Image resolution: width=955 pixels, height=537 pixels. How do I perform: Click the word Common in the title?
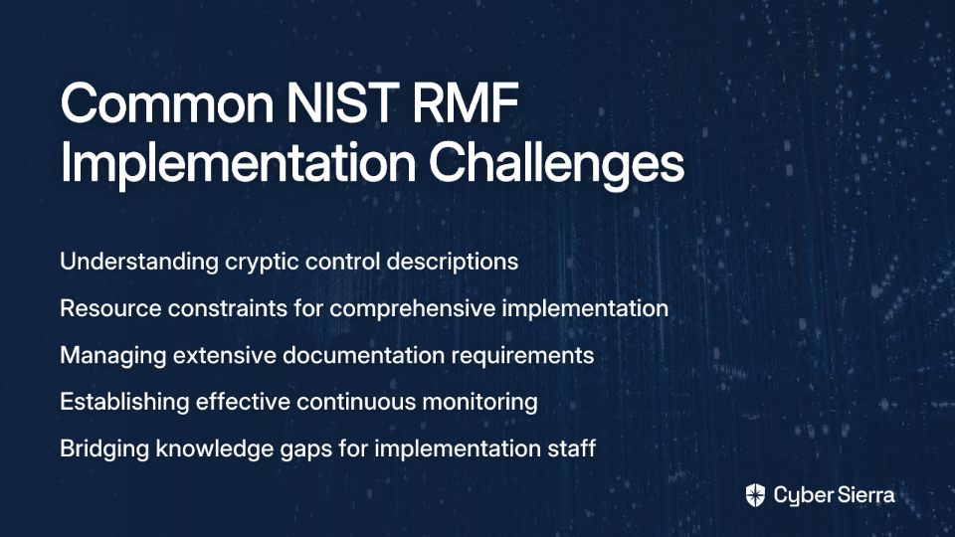[x=167, y=103]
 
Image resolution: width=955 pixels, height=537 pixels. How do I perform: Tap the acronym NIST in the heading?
[x=343, y=103]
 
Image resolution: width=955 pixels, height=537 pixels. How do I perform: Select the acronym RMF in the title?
[x=466, y=103]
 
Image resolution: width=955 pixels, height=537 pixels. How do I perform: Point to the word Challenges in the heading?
[x=557, y=163]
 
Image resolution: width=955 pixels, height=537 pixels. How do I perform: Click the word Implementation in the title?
[x=238, y=163]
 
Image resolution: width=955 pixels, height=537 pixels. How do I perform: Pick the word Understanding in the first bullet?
[x=139, y=262]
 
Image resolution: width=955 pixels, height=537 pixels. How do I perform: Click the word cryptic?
[x=262, y=263]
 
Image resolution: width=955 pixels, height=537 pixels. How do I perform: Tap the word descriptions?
[x=453, y=263]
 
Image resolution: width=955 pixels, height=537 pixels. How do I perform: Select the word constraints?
[x=228, y=308]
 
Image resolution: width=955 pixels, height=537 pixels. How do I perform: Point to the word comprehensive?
[x=413, y=309]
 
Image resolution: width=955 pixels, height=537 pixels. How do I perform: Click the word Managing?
[x=113, y=356]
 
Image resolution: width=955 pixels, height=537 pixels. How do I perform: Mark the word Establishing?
[x=125, y=403]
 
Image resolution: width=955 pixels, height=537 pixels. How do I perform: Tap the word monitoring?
[x=479, y=403]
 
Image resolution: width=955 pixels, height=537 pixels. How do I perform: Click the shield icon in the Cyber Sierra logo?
[x=755, y=495]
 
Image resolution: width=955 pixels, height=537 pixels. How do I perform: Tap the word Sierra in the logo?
[x=864, y=495]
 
